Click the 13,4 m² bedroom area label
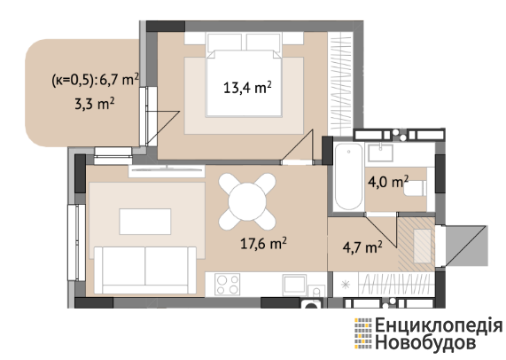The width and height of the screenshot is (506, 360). [x=247, y=88]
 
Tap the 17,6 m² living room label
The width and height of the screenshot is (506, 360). [x=263, y=243]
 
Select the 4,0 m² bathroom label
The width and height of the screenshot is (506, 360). [x=388, y=182]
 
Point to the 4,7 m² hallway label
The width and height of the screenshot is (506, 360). [x=362, y=247]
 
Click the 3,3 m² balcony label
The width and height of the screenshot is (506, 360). [x=95, y=104]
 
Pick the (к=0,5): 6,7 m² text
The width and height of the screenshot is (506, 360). [x=95, y=80]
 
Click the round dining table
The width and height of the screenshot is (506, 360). [x=247, y=201]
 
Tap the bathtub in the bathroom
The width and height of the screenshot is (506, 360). [x=348, y=176]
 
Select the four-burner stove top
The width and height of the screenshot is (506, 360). [x=228, y=284]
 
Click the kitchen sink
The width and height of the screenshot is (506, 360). [x=294, y=285]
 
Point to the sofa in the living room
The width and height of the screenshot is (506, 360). [x=145, y=270]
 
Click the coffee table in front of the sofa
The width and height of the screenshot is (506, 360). [x=145, y=222]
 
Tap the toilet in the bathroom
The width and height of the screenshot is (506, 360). [x=416, y=188]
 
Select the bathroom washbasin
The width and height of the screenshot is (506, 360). [x=381, y=153]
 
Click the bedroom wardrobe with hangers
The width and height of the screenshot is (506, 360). [x=339, y=83]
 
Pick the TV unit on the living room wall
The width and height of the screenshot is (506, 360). [x=167, y=170]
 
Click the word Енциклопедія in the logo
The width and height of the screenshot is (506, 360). [x=439, y=325]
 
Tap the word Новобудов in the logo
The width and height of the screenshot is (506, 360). [x=425, y=342]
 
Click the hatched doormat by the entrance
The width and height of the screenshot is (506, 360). [x=416, y=244]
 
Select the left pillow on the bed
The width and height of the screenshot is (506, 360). [x=224, y=43]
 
